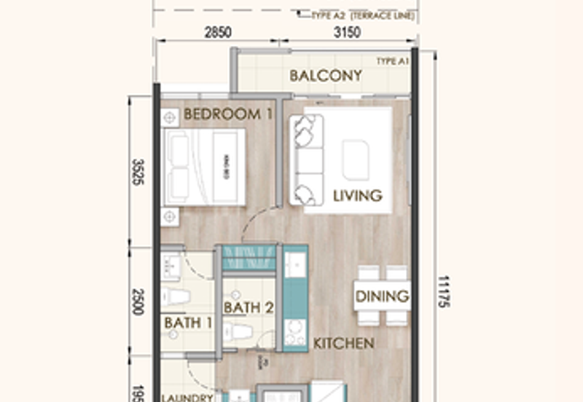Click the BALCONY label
coord(326,76)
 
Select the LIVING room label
coord(357,195)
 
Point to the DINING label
coord(382,296)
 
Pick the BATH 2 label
coord(249,308)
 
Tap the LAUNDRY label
coord(187,398)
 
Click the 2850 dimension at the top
coord(216,32)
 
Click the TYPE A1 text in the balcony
coord(392,62)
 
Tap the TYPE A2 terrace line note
coord(362,15)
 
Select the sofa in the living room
coord(305,160)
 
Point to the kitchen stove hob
coord(294,331)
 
